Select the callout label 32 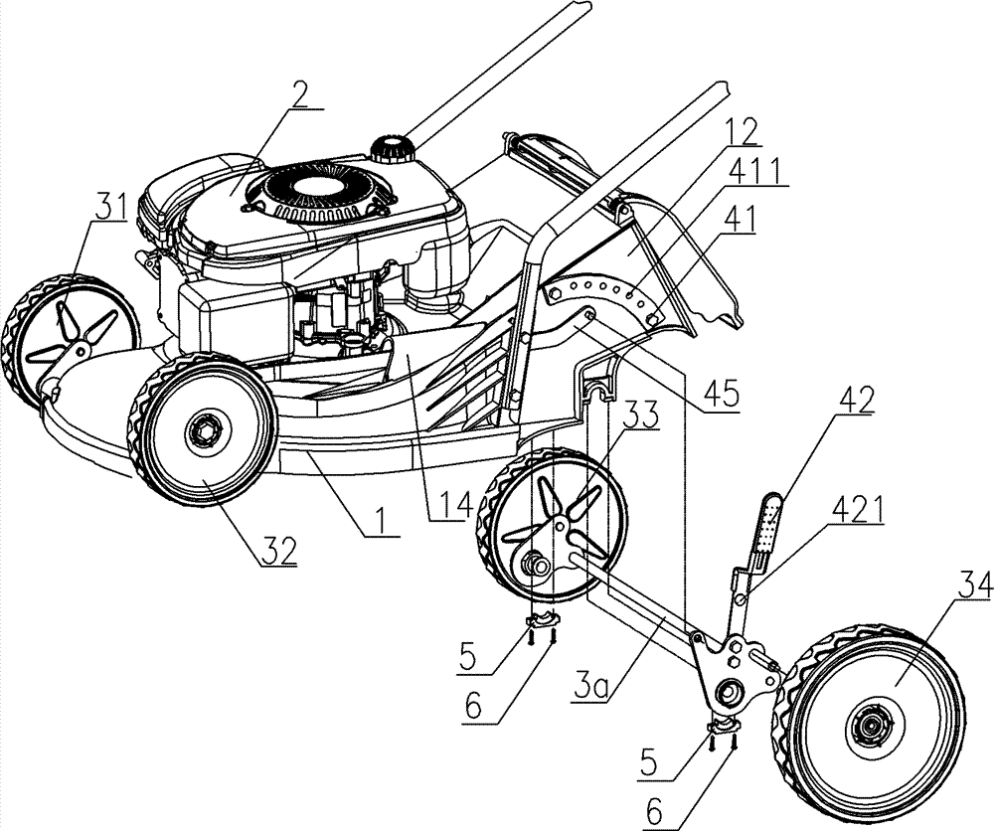click(278, 550)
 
